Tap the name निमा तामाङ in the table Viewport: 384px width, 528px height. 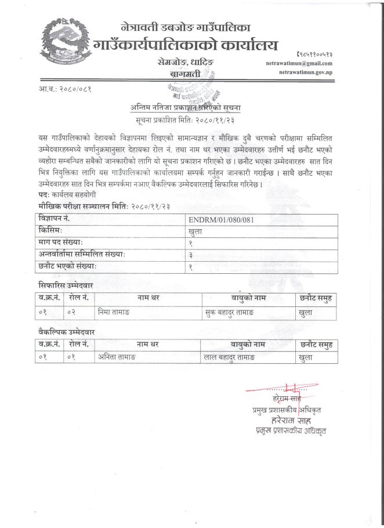coord(113,312)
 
